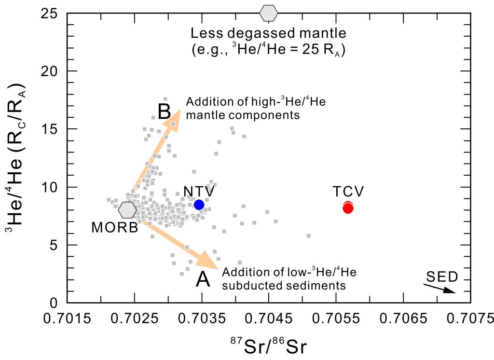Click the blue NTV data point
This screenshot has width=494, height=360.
click(x=199, y=205)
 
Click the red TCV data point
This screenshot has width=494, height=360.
click(x=348, y=208)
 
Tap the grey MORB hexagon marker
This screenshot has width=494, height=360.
click(x=127, y=210)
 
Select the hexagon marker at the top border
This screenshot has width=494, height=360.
click(x=269, y=13)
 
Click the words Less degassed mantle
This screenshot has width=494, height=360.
click(x=269, y=34)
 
